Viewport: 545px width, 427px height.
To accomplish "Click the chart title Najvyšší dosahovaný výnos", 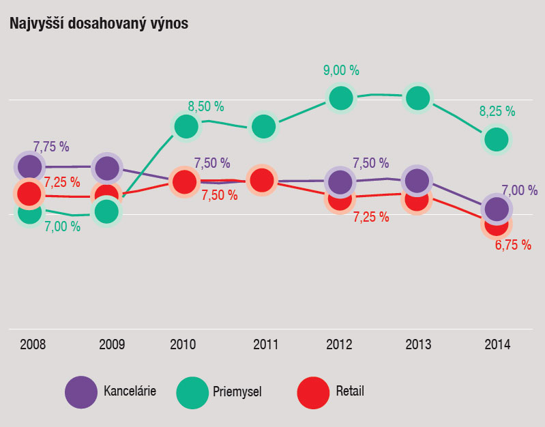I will pyautogui.click(x=99, y=23).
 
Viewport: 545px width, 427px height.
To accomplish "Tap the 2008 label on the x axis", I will pyautogui.click(x=33, y=344).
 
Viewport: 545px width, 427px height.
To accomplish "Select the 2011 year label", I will pyautogui.click(x=265, y=344).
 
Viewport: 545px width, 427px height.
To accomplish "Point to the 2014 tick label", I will pyautogui.click(x=497, y=344).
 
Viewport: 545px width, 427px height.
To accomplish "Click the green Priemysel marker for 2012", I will pyautogui.click(x=341, y=98).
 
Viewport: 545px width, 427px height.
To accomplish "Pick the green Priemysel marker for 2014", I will pyautogui.click(x=497, y=139).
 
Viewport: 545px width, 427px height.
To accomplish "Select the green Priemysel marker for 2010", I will pyautogui.click(x=186, y=126).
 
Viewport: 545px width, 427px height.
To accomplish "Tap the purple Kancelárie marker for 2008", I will pyautogui.click(x=29, y=166).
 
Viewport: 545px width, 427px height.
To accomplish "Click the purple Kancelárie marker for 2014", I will pyautogui.click(x=497, y=209).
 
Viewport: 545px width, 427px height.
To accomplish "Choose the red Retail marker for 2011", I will pyautogui.click(x=262, y=180).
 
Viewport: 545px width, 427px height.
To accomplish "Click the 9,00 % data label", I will pyautogui.click(x=341, y=70).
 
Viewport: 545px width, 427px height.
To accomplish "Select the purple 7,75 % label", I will pyautogui.click(x=51, y=147).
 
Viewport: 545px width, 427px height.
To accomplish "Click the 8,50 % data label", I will pyautogui.click(x=206, y=106).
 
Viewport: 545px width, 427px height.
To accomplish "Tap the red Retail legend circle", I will pyautogui.click(x=314, y=392).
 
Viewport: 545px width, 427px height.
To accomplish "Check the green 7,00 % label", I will pyautogui.click(x=63, y=226).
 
